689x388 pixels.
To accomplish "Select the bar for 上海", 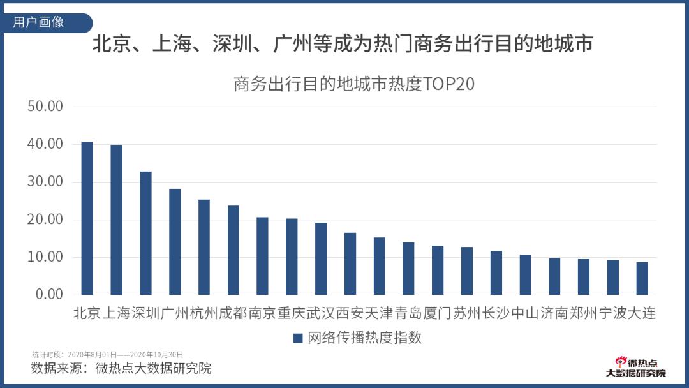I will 116,220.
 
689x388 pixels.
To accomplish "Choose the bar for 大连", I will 642,278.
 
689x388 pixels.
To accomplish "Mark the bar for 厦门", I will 438,270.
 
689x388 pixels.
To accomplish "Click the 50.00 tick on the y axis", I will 45,107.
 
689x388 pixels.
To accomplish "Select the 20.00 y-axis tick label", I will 45,220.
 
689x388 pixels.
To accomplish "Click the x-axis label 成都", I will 233,313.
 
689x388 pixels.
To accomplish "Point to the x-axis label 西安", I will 350,313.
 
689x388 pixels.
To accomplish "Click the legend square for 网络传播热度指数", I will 297,338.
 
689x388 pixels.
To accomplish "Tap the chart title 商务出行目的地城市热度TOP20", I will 354,84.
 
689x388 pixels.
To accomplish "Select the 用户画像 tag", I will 40,22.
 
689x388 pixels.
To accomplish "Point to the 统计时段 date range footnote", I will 108,354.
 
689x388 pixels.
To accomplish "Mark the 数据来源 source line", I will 121,368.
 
